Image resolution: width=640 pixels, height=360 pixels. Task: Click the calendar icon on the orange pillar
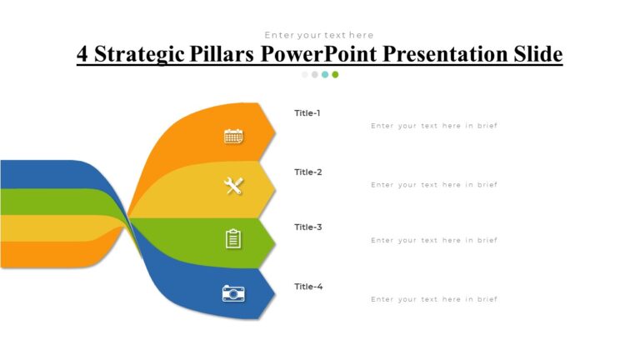click(x=233, y=136)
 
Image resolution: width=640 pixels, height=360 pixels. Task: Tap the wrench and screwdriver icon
click(x=233, y=187)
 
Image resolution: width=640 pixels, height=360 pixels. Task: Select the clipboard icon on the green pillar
click(x=233, y=239)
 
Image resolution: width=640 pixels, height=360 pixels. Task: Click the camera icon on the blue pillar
click(x=233, y=292)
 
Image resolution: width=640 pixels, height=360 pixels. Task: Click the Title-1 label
click(x=307, y=112)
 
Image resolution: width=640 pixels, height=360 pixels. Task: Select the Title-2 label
click(x=307, y=172)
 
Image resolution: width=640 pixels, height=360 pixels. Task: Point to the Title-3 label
click(x=307, y=227)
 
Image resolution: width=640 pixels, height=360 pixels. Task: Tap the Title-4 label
click(x=307, y=286)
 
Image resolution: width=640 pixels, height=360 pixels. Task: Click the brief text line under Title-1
click(x=433, y=126)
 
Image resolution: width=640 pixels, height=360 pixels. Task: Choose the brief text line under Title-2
click(x=433, y=185)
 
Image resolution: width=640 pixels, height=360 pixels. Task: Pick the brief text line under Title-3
click(x=433, y=240)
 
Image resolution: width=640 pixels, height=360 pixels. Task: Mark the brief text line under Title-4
click(x=433, y=299)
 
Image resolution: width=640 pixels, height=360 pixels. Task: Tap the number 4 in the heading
click(x=82, y=54)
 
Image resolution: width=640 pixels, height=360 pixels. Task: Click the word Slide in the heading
click(x=536, y=54)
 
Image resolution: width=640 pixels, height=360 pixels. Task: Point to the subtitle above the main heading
click(x=319, y=35)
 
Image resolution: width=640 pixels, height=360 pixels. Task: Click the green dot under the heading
click(x=335, y=74)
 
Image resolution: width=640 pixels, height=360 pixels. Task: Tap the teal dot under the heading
click(x=325, y=74)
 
